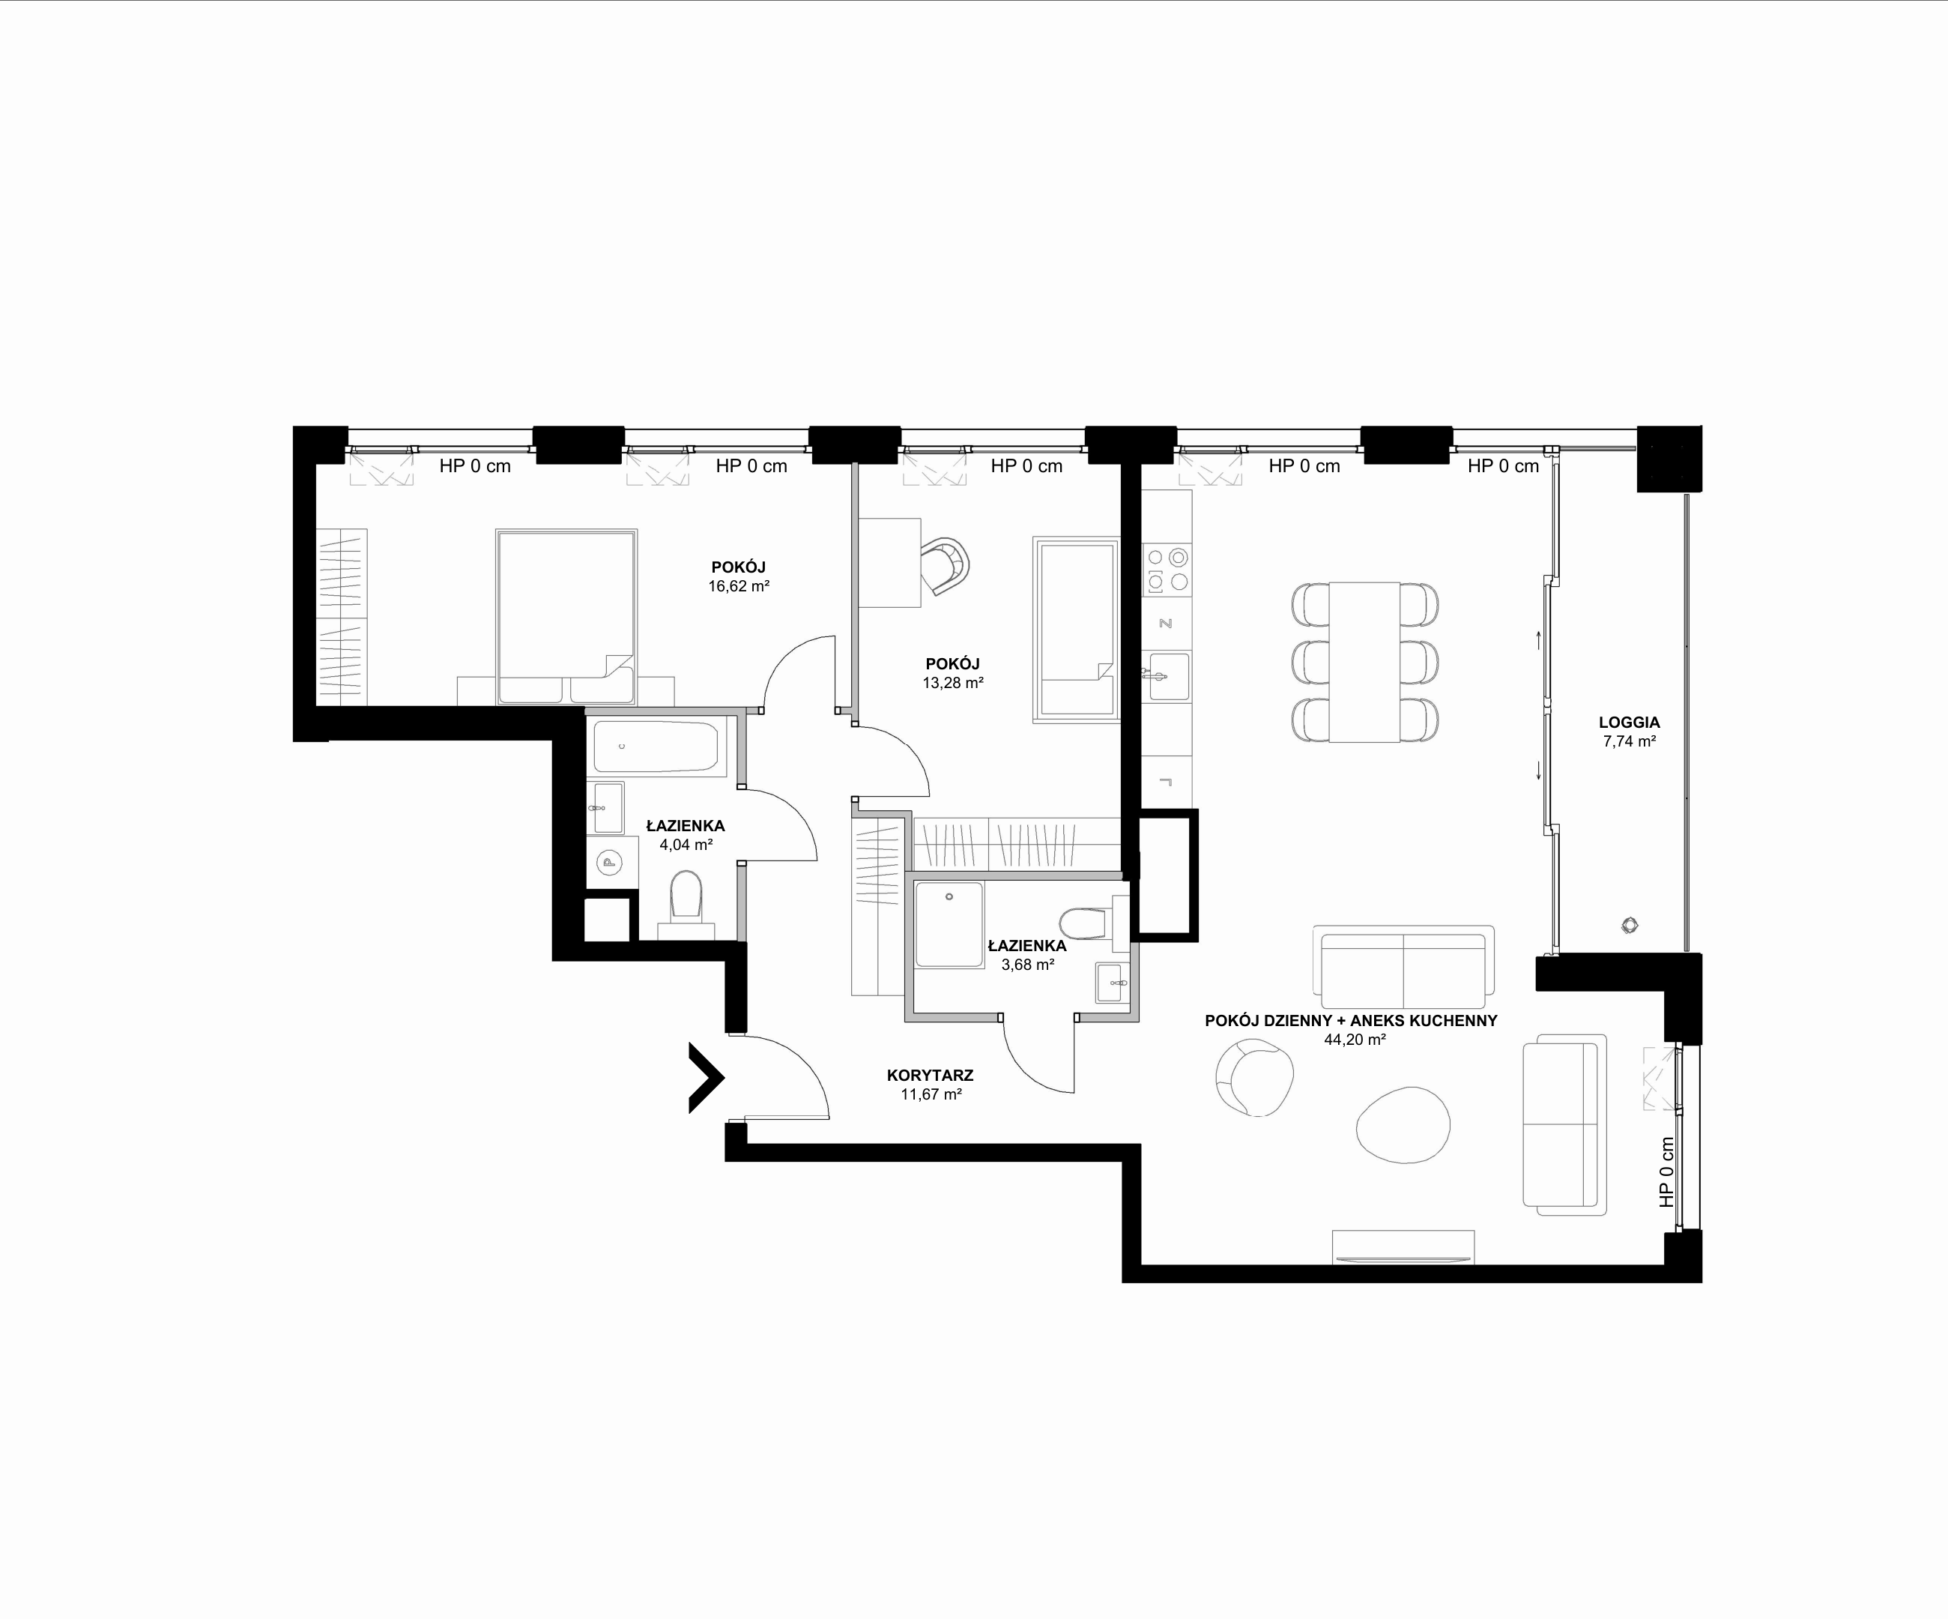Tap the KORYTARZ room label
coord(930,1076)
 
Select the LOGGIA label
coord(1629,722)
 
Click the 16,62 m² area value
coord(739,586)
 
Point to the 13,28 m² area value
coord(953,683)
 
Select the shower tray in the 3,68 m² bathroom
coord(949,925)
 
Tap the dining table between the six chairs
coord(1364,662)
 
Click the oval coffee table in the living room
coord(1403,1124)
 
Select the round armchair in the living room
coord(1254,1077)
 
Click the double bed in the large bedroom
coord(566,616)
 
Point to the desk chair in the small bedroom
coord(946,565)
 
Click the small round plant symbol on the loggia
coord(1630,925)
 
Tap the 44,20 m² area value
coord(1355,1040)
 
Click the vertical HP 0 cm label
coord(1667,1172)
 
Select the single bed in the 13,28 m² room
coord(1077,629)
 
